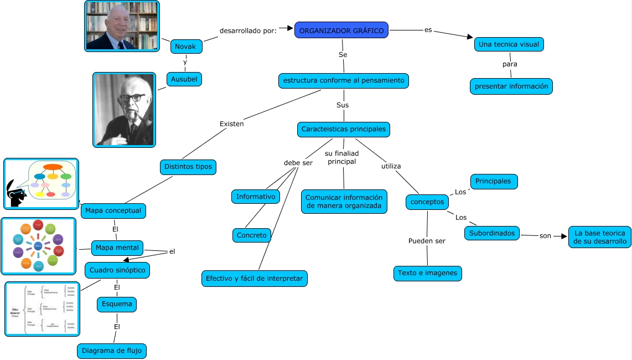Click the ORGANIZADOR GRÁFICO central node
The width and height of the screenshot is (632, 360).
tap(341, 31)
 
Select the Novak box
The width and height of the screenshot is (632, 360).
tap(185, 47)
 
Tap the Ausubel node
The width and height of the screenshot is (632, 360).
tap(184, 80)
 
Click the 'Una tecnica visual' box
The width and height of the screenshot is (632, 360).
tap(509, 44)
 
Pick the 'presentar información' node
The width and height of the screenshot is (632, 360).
tap(511, 86)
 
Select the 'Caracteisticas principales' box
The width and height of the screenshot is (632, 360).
tap(343, 130)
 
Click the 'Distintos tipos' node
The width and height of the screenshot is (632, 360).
tap(188, 166)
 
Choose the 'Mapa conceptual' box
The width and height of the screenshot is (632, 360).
tap(113, 211)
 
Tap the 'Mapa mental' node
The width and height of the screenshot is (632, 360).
tap(117, 248)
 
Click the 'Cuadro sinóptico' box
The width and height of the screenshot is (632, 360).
tap(116, 270)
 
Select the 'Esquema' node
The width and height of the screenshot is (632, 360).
tap(116, 304)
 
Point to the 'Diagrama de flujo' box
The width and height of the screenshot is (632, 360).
tap(112, 351)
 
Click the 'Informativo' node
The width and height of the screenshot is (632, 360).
tap(256, 197)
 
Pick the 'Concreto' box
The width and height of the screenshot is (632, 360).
tap(251, 235)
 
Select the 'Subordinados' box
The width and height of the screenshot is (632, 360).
tap(492, 233)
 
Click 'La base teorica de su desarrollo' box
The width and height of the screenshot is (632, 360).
tap(600, 237)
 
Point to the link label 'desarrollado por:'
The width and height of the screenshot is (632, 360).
tap(248, 30)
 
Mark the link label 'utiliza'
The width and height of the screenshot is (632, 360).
tap(391, 166)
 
